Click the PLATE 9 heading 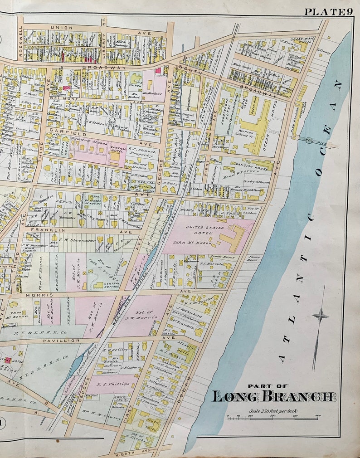pyautogui.click(x=328, y=12)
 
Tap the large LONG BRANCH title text pyautogui.click(x=274, y=396)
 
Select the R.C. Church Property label pyautogui.click(x=143, y=150)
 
